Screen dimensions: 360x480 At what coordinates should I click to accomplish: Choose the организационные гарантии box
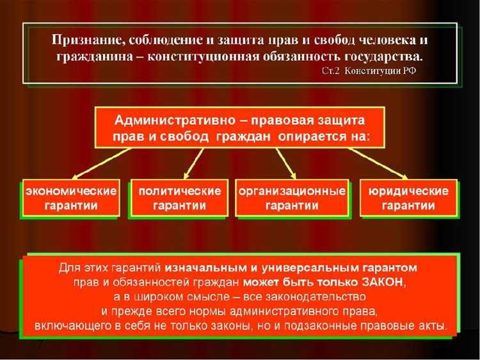(292, 198)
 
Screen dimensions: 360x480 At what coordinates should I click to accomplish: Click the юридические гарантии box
(408, 198)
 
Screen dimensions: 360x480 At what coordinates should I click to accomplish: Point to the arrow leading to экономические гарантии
(102, 163)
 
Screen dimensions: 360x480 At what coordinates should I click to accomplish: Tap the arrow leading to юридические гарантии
(378, 163)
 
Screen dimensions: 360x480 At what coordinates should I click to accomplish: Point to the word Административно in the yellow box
(163, 120)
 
